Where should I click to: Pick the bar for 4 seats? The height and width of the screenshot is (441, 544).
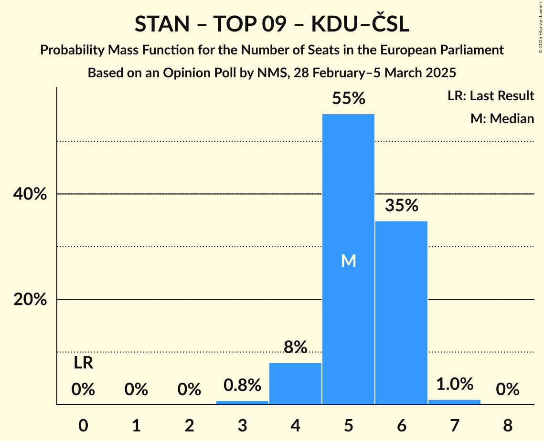coord(295,384)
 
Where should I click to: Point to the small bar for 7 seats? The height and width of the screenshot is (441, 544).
coord(454,402)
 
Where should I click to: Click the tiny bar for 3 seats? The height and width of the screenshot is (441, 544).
coord(242,402)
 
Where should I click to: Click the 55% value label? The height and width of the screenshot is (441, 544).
coord(348,99)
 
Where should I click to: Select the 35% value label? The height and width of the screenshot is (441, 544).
coord(401,206)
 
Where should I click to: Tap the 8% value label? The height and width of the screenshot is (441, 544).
coord(295,347)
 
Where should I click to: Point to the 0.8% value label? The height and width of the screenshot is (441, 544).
coord(242,385)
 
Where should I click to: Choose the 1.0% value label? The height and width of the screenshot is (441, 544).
coord(454,384)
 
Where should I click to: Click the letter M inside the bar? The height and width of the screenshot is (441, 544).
coord(348,261)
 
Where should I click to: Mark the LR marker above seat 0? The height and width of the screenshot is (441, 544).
coord(83,363)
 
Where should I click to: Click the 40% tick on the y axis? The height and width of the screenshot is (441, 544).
coord(30,194)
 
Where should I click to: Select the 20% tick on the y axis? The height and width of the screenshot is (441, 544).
coord(30,300)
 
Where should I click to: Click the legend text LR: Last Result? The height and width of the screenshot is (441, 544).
coord(491,96)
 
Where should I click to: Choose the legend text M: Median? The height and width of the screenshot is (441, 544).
coord(502,118)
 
